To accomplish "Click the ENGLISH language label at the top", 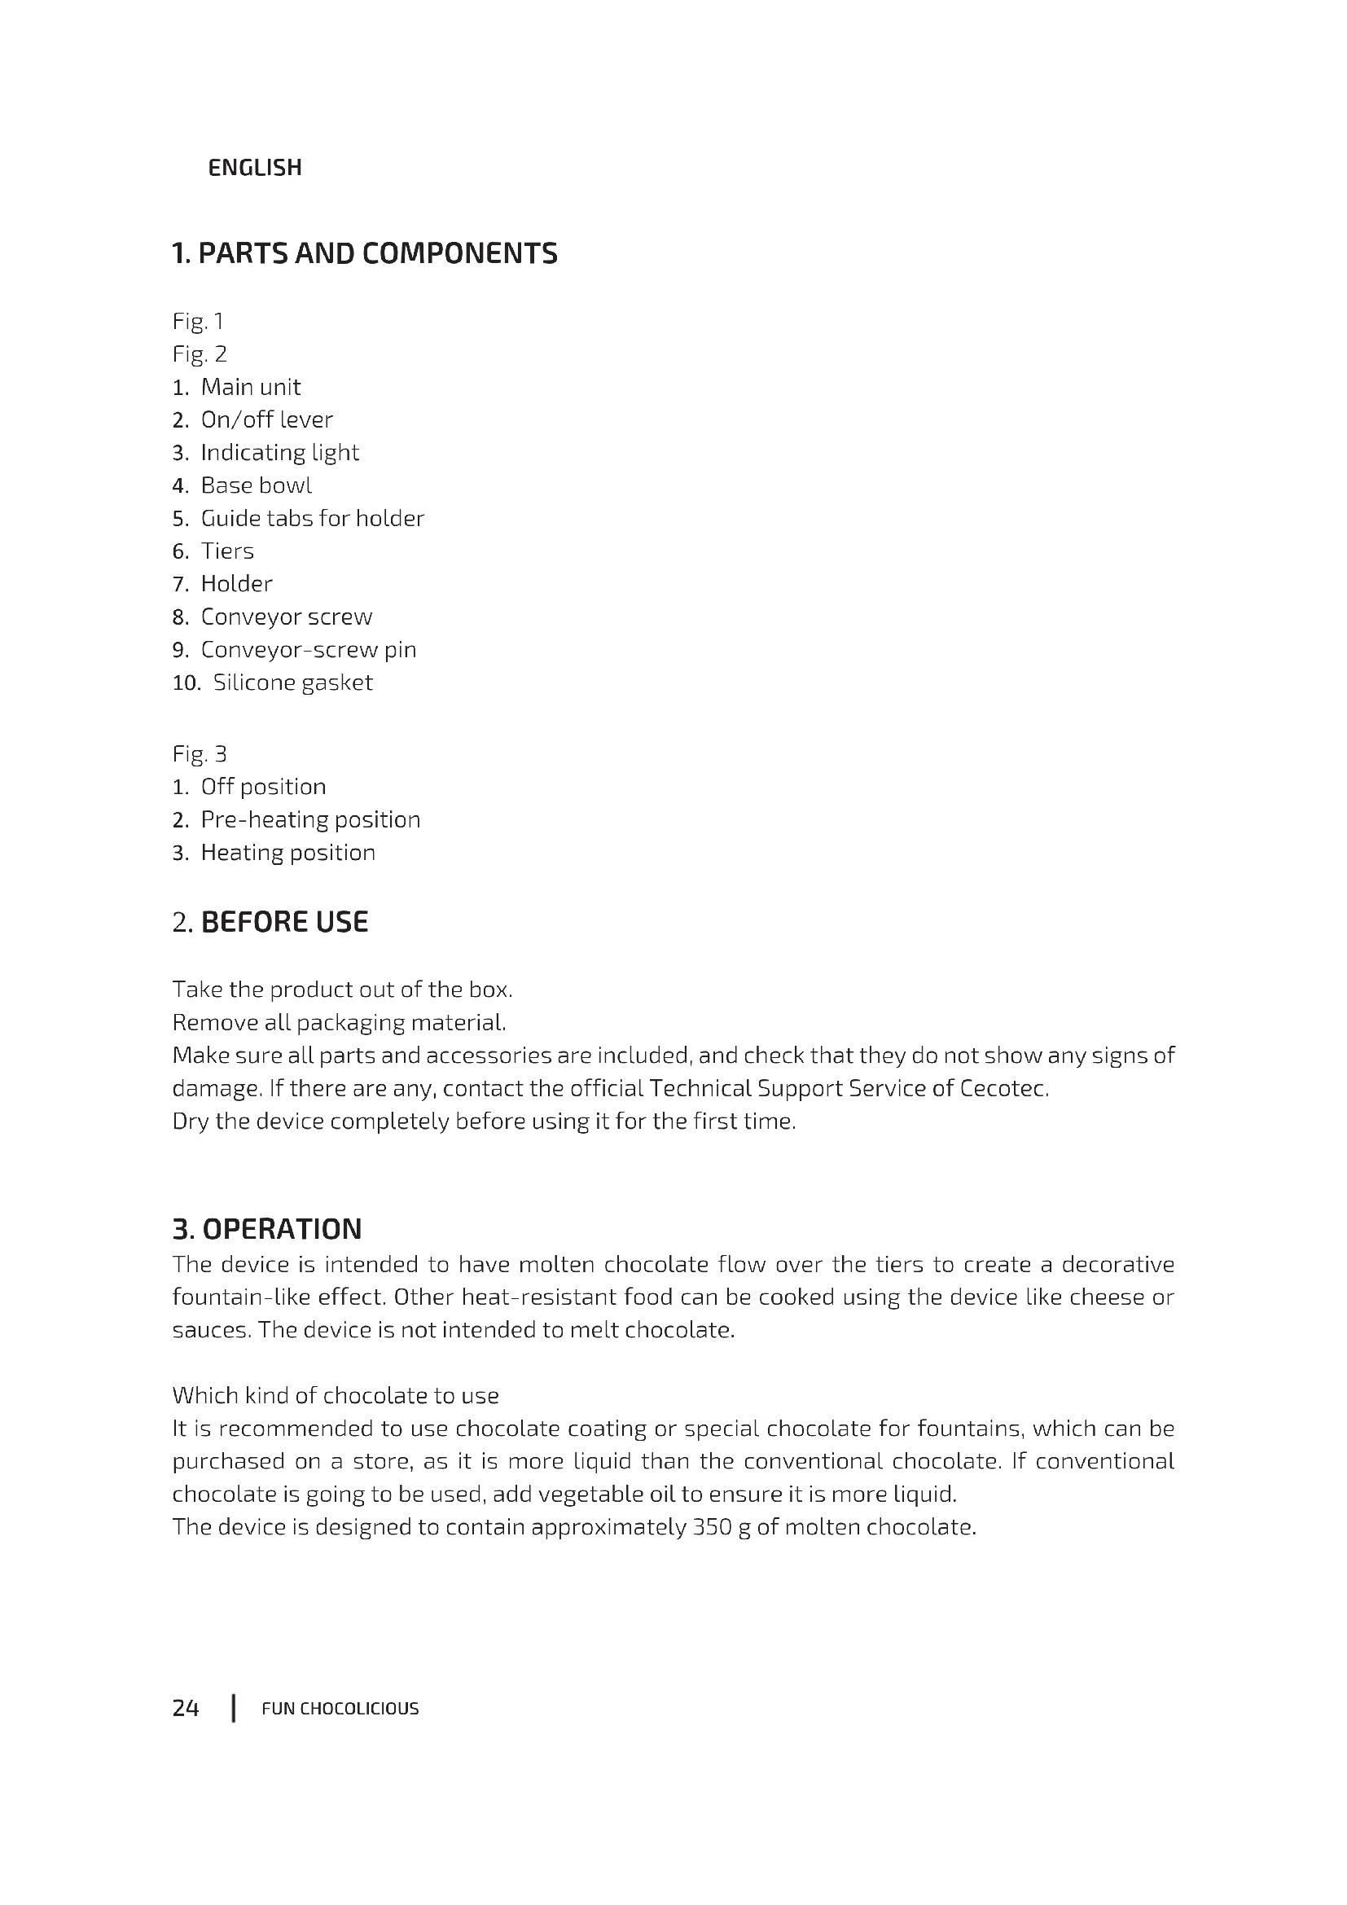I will point(255,168).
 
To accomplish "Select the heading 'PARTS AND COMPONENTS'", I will point(364,253).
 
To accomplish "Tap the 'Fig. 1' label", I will point(197,321).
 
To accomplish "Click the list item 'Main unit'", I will point(251,387).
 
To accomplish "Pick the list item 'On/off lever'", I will point(266,419).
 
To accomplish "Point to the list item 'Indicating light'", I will point(279,452).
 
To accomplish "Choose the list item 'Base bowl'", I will point(257,485).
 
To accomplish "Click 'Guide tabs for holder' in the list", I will point(312,519).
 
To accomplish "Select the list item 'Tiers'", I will point(227,551).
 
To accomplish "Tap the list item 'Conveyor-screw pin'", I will point(309,650).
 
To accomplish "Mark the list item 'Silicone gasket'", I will point(293,683).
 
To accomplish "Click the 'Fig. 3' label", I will point(199,754).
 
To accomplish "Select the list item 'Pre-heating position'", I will point(310,820).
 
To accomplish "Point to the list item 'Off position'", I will point(263,787).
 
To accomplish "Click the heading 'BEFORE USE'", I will point(284,922).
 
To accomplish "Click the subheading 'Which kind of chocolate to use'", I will point(335,1396).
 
